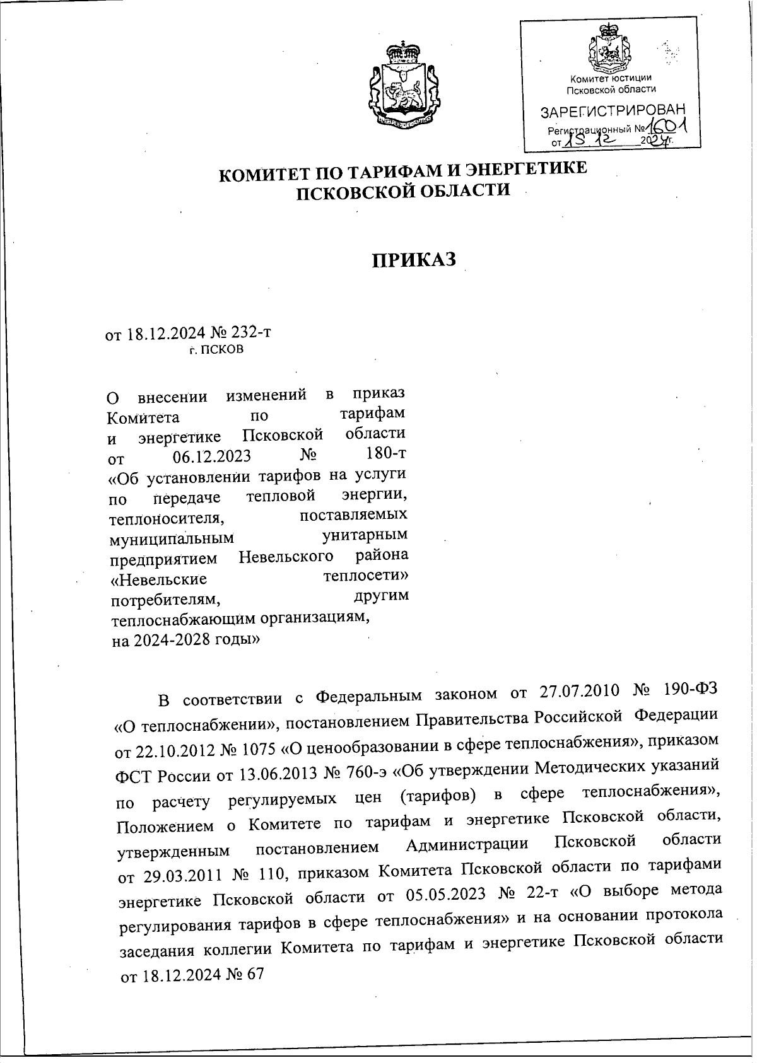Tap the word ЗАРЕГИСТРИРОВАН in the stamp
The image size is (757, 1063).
tap(611, 112)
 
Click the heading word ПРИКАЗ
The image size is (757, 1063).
tap(413, 260)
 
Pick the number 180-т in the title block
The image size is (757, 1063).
tap(385, 454)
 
